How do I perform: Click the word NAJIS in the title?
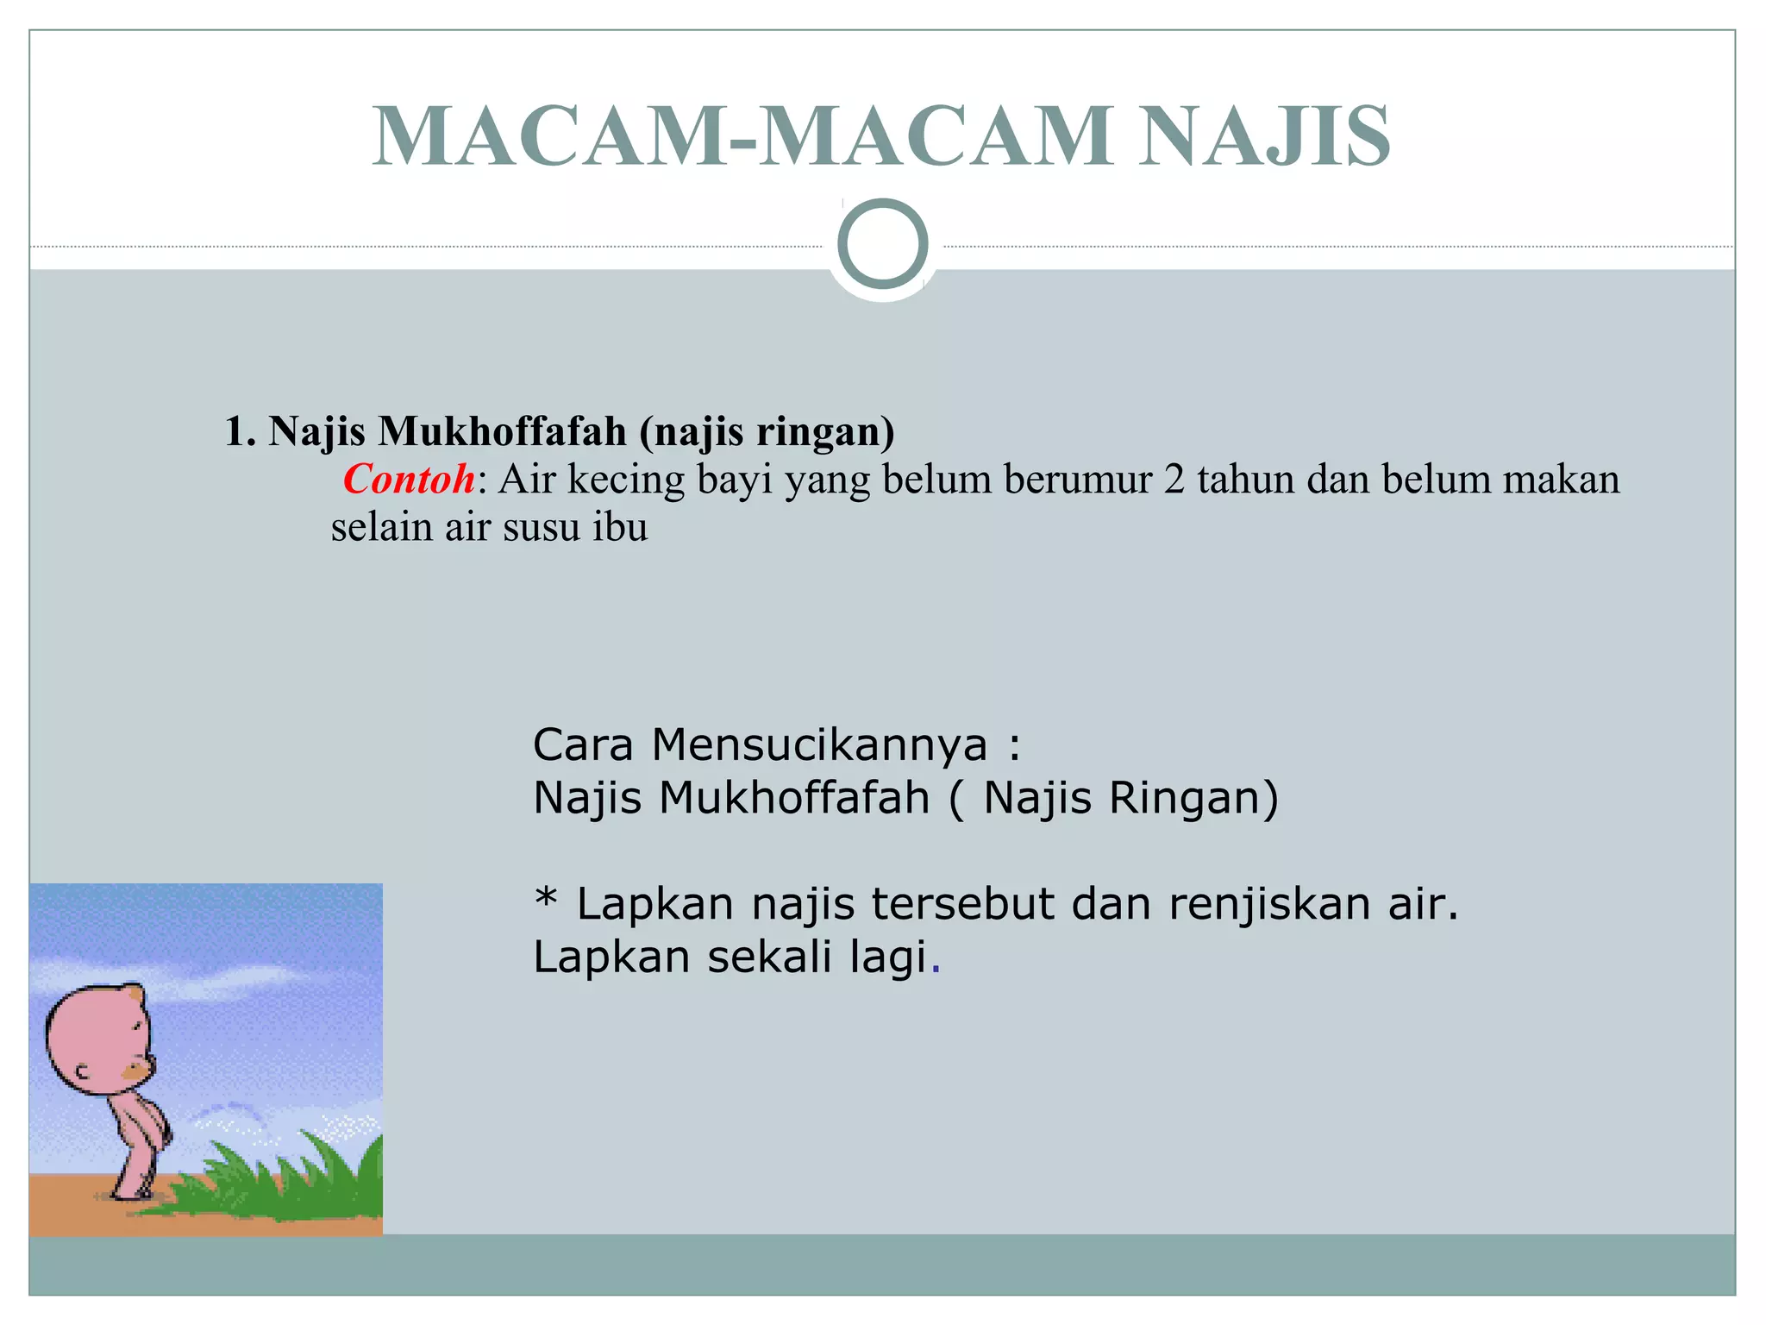[x=1264, y=136]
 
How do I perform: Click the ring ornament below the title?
[x=882, y=244]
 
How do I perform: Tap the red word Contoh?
[x=409, y=480]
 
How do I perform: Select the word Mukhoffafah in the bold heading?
[x=502, y=431]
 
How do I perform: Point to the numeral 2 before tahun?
[x=1174, y=480]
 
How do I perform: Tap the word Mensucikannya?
[x=819, y=744]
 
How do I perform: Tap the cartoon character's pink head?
[x=95, y=1035]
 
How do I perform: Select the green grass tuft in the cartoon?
[x=285, y=1177]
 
